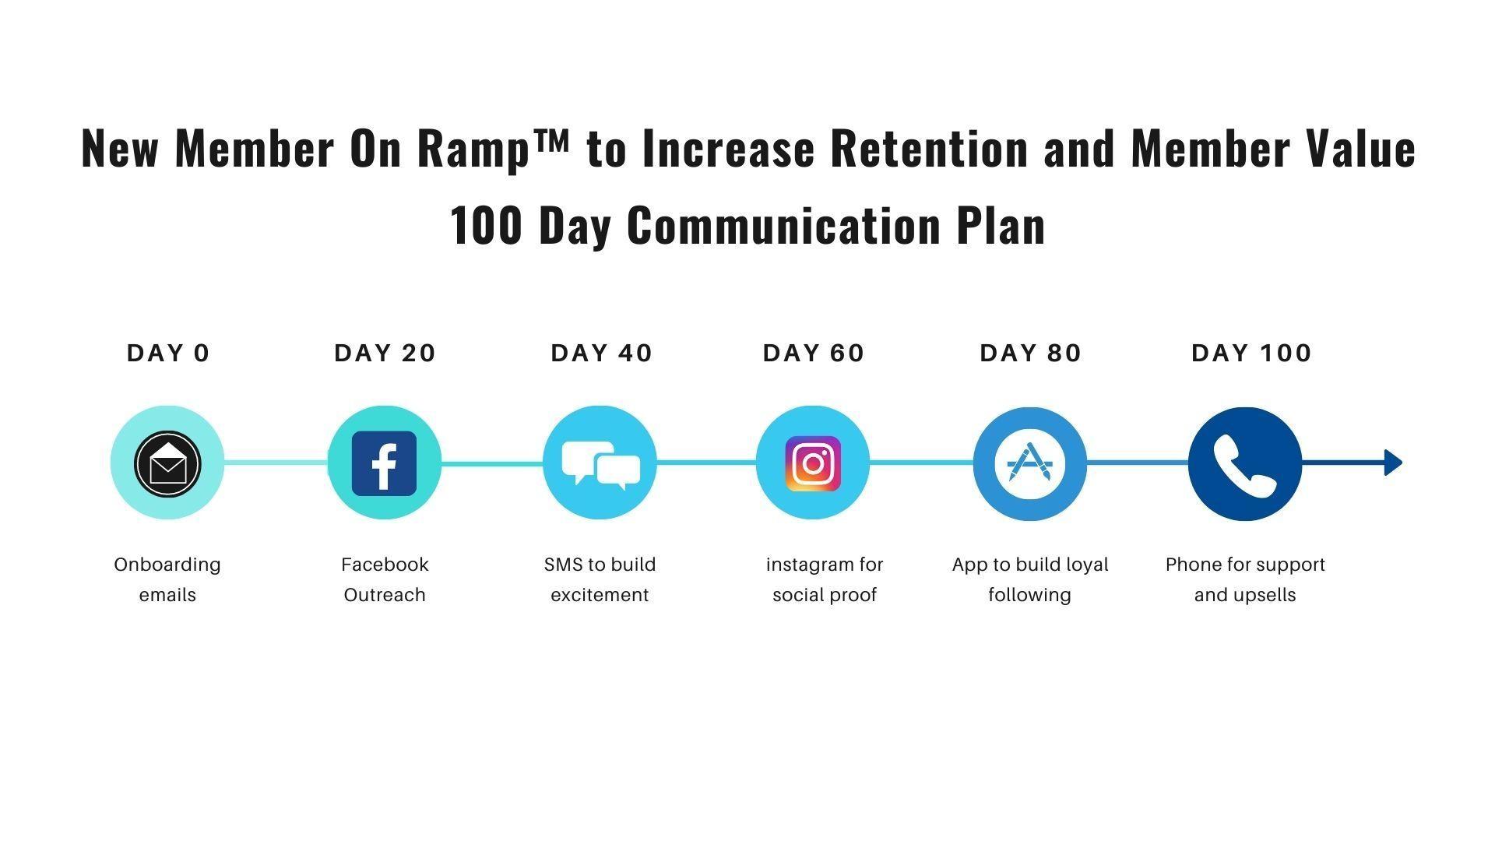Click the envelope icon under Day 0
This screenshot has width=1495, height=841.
click(x=167, y=463)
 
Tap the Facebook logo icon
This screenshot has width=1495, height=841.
click(x=384, y=463)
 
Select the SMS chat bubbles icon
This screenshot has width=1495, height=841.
click(x=600, y=464)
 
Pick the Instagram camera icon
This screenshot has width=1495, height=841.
click(x=813, y=463)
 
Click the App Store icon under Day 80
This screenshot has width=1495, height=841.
click(x=1029, y=463)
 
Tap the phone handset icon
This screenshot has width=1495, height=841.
click(x=1244, y=464)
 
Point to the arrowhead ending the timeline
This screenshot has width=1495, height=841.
click(x=1393, y=463)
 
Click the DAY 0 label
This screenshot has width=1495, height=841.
click(x=168, y=353)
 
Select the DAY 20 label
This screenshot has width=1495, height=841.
click(x=385, y=353)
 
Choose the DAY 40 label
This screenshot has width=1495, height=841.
click(x=601, y=353)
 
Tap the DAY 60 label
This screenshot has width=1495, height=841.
click(x=814, y=353)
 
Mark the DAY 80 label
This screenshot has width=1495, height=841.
click(x=1030, y=353)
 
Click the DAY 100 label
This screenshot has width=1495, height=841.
click(x=1251, y=353)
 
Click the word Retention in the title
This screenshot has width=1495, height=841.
click(x=929, y=148)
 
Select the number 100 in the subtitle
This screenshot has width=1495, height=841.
click(x=486, y=225)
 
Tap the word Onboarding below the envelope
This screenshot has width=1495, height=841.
click(x=167, y=565)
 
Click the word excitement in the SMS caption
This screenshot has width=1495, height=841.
click(x=600, y=595)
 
